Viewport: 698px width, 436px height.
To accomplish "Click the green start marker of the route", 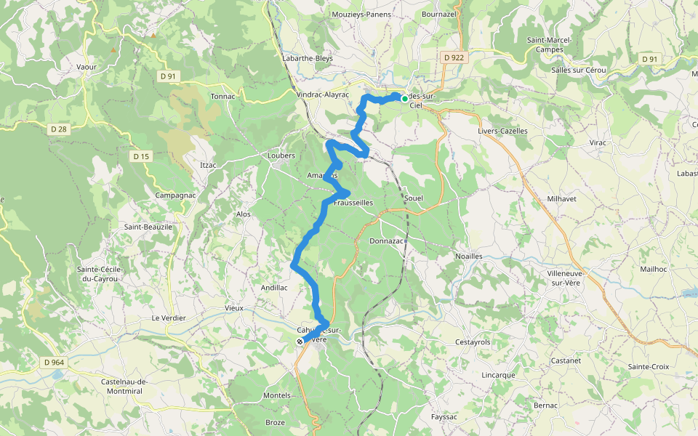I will (x=404, y=98).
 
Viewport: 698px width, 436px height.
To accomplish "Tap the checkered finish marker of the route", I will (x=300, y=341).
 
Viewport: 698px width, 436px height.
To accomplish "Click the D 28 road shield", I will (x=59, y=129).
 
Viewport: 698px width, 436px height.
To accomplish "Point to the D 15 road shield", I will (x=141, y=156).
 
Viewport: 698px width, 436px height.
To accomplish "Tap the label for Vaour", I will (x=87, y=66).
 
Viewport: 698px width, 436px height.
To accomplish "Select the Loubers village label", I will (x=281, y=156).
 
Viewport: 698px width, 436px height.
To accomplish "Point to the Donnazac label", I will (x=386, y=241).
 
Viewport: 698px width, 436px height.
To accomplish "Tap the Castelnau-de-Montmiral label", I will (x=124, y=387).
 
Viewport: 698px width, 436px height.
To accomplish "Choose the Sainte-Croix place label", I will (x=649, y=367).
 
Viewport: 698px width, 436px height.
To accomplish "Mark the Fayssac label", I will (x=444, y=417).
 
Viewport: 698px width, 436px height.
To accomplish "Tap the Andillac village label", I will (x=274, y=288).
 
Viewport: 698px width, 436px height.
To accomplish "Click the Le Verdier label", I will (x=169, y=318).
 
